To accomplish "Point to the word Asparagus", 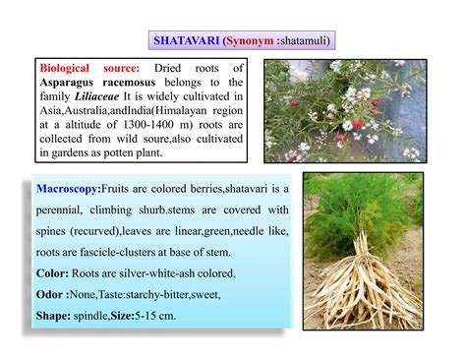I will click(73, 84).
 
